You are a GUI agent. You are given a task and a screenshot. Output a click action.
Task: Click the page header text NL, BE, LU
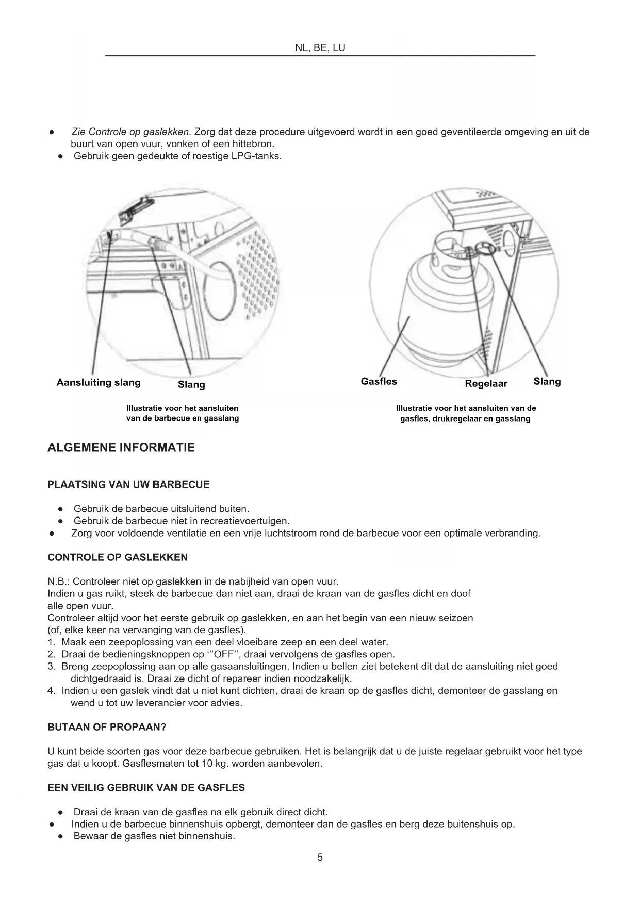point(320,48)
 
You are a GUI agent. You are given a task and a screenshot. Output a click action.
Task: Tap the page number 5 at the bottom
point(320,858)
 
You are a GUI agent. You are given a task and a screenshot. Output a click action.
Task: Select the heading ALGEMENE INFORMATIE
point(121,448)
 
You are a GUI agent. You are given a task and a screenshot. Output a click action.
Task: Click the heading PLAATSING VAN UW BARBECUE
point(128,484)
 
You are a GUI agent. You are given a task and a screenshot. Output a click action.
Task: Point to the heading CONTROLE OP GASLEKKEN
point(118,557)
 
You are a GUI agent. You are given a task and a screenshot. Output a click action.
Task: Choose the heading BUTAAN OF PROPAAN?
point(107,727)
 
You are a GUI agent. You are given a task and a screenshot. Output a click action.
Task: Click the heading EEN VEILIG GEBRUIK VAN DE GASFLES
point(146,788)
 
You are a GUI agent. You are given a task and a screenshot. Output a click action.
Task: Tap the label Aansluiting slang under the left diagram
point(99,382)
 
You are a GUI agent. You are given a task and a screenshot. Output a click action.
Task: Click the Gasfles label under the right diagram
point(379,381)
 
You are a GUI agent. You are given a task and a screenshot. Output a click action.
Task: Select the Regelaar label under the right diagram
point(486,383)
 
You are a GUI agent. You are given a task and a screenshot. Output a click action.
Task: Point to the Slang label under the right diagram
point(547,381)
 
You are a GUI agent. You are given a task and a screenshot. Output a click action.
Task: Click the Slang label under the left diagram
point(191,384)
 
